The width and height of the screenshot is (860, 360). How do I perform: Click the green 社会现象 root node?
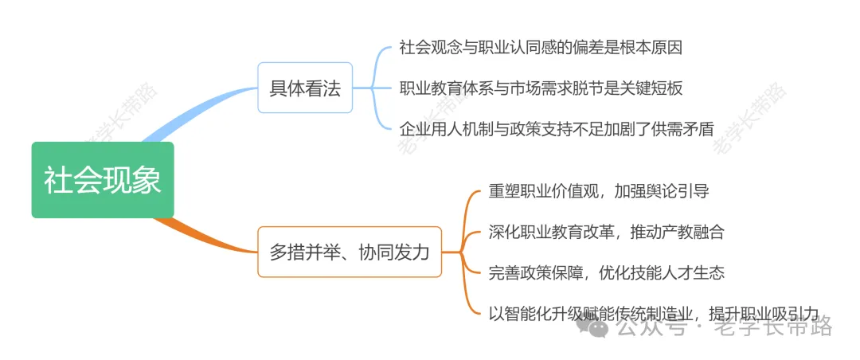(103, 179)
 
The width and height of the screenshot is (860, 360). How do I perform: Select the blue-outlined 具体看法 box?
(305, 88)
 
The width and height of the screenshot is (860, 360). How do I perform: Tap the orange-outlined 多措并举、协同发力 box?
(350, 252)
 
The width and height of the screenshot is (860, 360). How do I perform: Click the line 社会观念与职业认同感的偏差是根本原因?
(541, 47)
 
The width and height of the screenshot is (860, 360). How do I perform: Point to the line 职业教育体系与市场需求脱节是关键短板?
(541, 88)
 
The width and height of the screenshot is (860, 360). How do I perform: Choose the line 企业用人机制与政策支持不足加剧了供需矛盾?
(557, 128)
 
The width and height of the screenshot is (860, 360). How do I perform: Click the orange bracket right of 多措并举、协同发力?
(464, 252)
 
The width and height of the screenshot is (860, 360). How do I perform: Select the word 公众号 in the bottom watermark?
(651, 327)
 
